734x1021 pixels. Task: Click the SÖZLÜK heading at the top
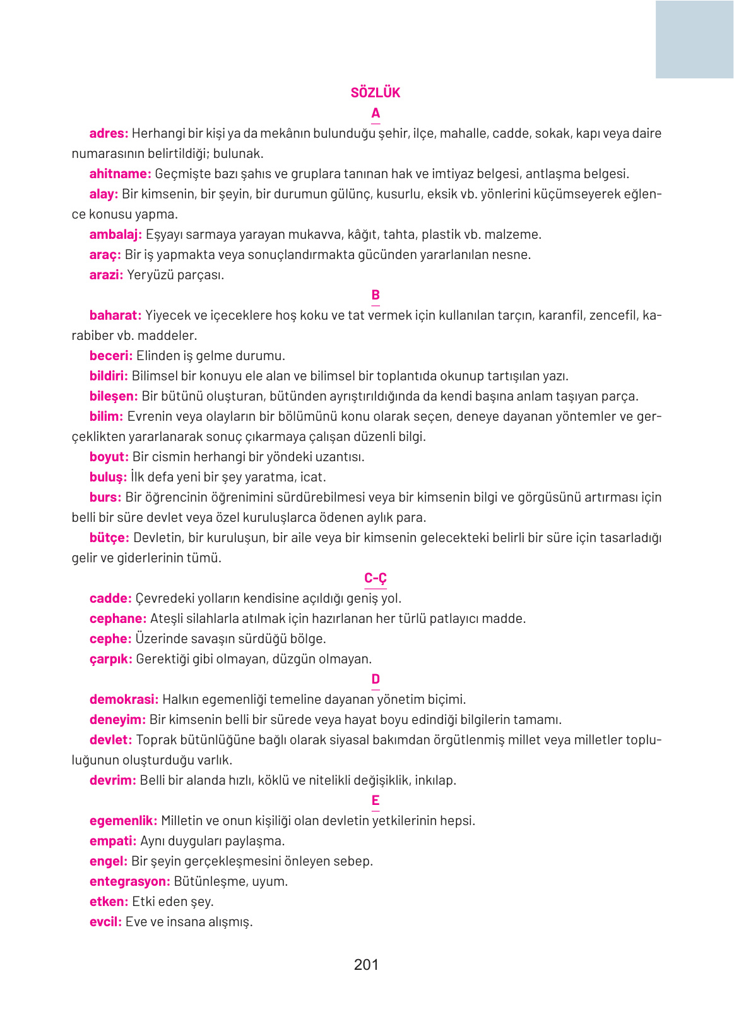pos(375,93)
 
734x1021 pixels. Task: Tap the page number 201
pos(366,964)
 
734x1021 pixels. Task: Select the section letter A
pos(376,113)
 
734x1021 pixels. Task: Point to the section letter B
pos(376,295)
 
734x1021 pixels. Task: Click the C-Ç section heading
pos(375,578)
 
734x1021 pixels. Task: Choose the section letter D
pos(376,679)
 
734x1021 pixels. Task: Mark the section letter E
pos(376,800)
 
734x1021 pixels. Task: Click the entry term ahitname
pos(120,174)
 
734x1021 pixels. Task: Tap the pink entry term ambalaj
pos(115,234)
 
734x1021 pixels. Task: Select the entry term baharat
pos(115,315)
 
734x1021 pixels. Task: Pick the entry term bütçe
pos(109,538)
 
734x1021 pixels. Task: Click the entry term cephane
pos(118,619)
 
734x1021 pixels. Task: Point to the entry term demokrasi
pos(124,699)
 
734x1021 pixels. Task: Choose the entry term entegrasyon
pos(129,881)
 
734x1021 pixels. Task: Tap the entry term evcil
pos(105,922)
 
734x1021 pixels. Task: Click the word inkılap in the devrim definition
pos(435,780)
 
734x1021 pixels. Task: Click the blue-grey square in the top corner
pos(694,39)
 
